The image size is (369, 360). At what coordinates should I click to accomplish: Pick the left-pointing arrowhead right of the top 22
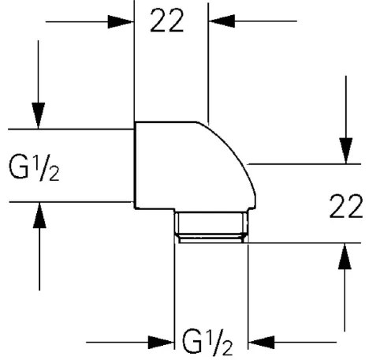pyautogui.click(x=218, y=21)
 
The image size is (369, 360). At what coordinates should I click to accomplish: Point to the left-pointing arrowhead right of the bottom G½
pyautogui.click(x=259, y=343)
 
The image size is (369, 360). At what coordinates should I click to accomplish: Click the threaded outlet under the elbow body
pyautogui.click(x=211, y=226)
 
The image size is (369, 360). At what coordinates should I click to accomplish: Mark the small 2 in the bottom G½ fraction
pyautogui.click(x=229, y=349)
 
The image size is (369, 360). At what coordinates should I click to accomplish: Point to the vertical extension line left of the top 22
pyautogui.click(x=135, y=63)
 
